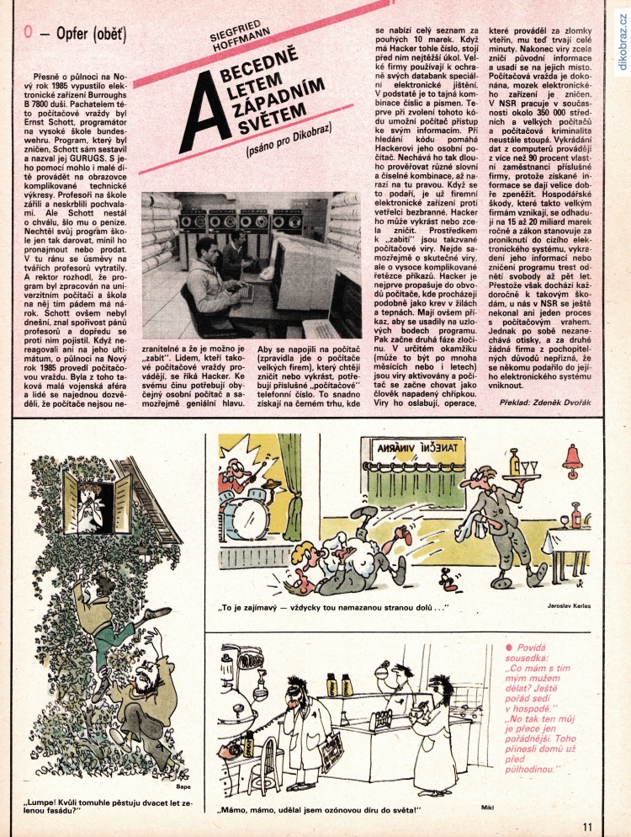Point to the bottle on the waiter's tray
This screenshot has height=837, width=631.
[513, 461]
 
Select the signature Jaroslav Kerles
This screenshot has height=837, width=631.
[569, 606]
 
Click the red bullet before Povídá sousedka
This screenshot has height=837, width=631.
[507, 646]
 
